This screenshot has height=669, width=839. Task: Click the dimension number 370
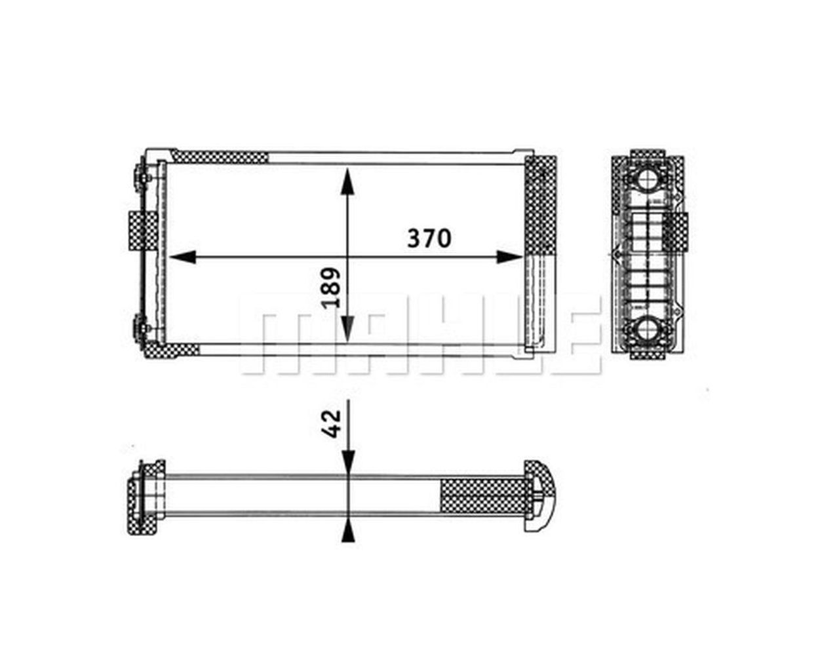tap(429, 238)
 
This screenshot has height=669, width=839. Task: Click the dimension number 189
tap(330, 286)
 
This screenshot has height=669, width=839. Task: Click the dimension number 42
tap(333, 423)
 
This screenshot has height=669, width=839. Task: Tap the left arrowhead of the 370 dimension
tap(184, 257)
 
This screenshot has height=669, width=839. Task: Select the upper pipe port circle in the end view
tap(649, 180)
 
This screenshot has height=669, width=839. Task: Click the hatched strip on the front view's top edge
tap(221, 157)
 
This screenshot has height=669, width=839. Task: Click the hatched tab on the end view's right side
tap(679, 231)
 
